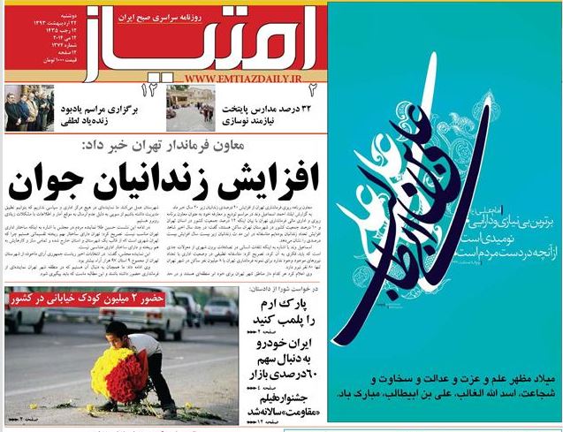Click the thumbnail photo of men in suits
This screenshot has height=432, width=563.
click(x=27, y=105)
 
